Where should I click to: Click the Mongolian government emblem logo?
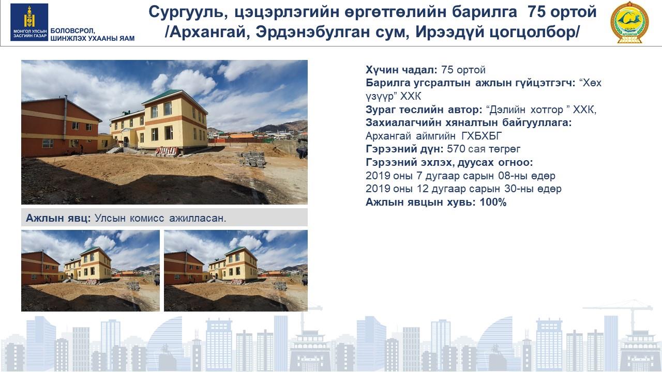pos(29,22)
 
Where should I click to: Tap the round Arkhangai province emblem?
pos(630,23)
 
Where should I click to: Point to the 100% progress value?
pos(493,202)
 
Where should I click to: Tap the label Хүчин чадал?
pos(401,70)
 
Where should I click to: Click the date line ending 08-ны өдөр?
pos(460,176)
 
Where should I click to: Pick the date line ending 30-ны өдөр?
pos(463,189)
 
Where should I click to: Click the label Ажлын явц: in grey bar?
pos(58,218)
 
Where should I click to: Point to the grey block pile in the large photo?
pos(251,160)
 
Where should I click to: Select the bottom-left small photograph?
pos(91,271)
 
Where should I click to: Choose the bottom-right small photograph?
pos(236,271)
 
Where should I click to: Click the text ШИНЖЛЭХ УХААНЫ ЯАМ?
pos(93,38)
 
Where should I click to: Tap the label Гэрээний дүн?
pos(404,149)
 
